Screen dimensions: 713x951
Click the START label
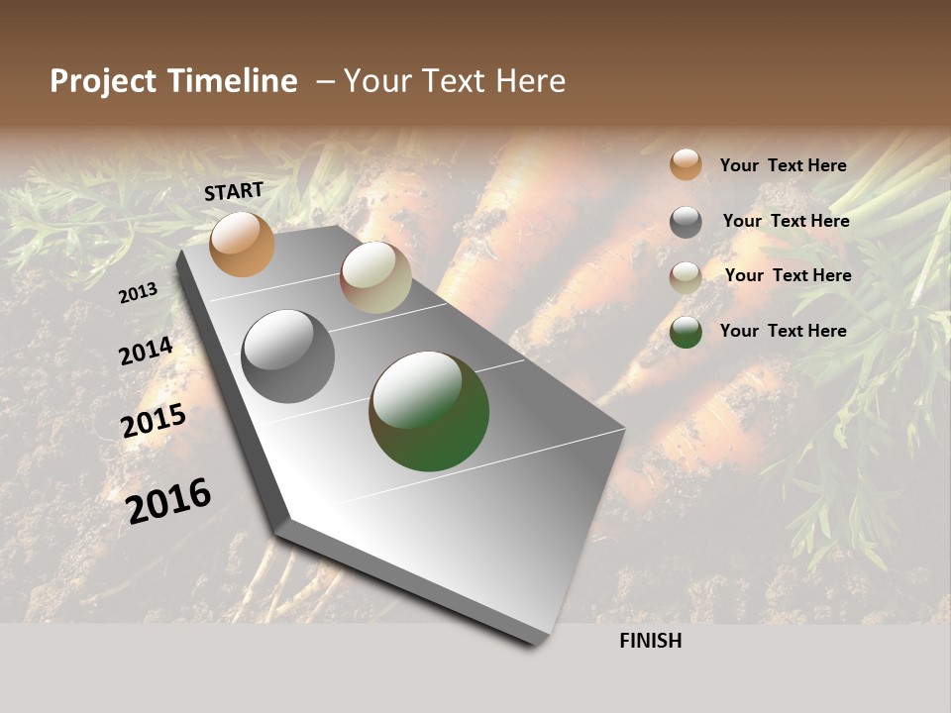pos(234,191)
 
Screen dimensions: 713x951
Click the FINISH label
pos(650,641)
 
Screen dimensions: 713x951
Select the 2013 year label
pos(139,292)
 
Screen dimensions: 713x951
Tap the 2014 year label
pos(146,352)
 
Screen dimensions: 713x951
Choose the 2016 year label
pos(169,500)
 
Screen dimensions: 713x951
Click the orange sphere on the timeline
pos(242,244)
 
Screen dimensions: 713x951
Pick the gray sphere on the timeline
pos(287,356)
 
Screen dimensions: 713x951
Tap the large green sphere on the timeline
pos(429,411)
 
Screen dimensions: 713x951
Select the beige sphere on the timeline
pos(375,277)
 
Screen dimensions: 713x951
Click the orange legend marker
pos(686,164)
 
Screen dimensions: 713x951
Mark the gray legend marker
pos(686,222)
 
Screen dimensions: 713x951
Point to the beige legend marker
pos(686,277)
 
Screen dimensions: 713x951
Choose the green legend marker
pos(686,332)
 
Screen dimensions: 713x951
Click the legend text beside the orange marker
pos(783,165)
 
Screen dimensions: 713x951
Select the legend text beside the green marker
pos(783,331)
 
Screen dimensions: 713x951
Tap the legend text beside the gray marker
pos(786,221)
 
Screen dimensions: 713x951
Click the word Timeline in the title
pos(232,81)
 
